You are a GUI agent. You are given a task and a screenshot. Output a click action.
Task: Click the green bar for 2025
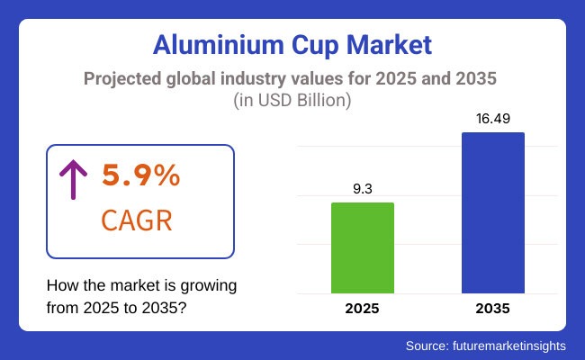(x=363, y=247)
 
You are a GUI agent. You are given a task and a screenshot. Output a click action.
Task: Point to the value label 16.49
(x=493, y=120)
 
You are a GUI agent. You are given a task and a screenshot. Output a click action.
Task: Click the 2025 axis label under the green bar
(x=363, y=308)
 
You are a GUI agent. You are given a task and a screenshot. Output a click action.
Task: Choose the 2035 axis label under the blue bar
(x=493, y=308)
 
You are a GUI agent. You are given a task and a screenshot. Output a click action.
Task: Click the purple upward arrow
(x=71, y=180)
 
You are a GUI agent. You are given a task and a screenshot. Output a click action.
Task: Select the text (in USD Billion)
(x=292, y=101)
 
